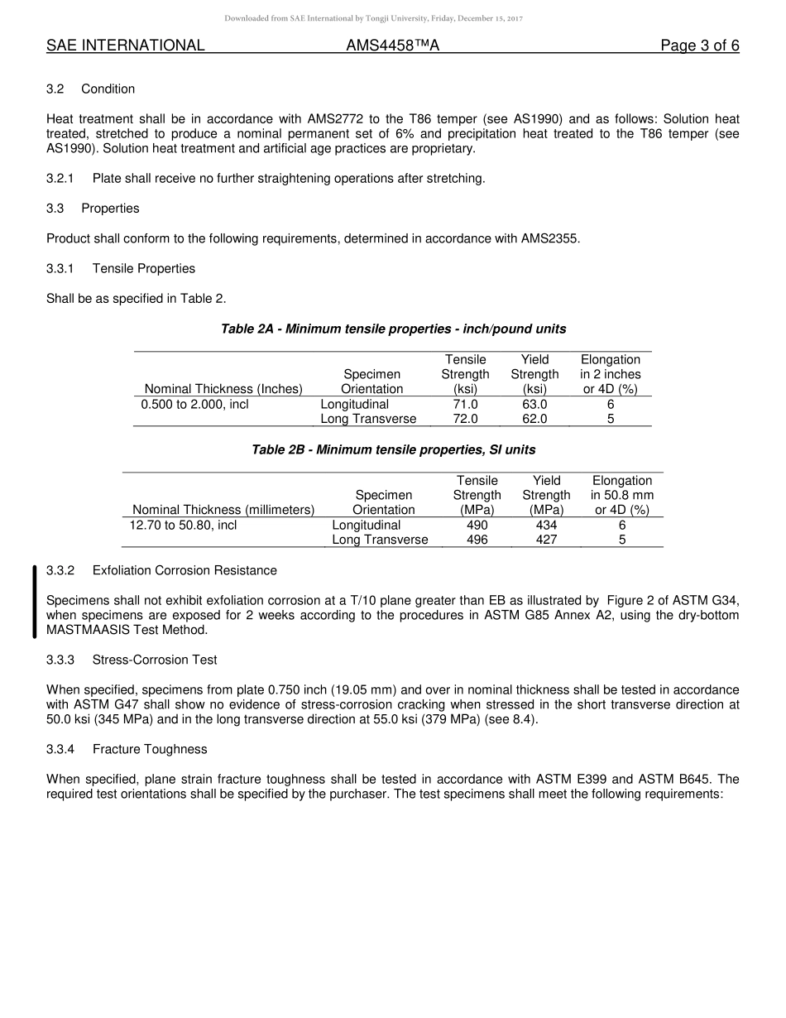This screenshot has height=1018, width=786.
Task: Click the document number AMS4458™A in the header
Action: click(392, 46)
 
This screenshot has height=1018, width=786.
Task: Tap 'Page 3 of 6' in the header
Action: click(699, 46)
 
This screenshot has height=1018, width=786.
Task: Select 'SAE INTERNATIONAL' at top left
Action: click(125, 46)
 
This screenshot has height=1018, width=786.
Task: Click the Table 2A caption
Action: click(393, 329)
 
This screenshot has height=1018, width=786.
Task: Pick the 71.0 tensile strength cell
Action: click(465, 405)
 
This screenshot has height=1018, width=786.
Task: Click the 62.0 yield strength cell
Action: click(534, 419)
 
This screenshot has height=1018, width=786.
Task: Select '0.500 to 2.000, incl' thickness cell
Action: click(194, 405)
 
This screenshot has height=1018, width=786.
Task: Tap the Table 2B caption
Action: click(393, 449)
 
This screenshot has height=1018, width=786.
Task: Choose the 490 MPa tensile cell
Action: click(477, 526)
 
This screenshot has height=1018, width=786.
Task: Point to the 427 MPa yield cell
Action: click(546, 540)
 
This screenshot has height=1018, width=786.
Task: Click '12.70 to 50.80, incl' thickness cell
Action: click(184, 526)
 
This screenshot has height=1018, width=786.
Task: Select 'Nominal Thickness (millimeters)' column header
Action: click(223, 510)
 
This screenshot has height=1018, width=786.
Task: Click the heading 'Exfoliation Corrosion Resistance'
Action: click(185, 570)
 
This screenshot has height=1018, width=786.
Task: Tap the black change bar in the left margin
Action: click(34, 602)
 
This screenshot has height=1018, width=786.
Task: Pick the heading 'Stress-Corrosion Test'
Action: click(155, 660)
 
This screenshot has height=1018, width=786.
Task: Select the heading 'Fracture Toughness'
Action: click(150, 749)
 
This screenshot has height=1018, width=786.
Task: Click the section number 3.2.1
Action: click(60, 178)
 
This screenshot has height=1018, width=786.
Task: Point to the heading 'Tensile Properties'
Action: click(144, 268)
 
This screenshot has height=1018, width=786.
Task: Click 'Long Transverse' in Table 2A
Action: click(368, 419)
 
